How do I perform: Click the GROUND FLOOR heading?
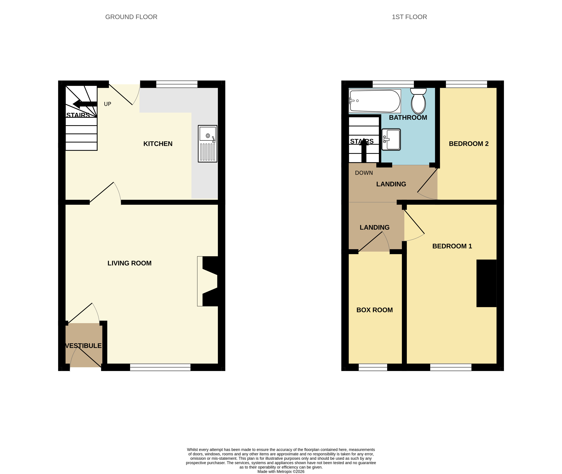click(x=131, y=17)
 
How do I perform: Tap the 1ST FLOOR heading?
click(x=409, y=17)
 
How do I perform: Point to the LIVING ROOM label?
click(x=129, y=263)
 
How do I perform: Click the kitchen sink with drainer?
click(x=207, y=143)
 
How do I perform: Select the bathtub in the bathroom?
click(x=375, y=101)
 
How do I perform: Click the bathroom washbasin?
click(x=391, y=139)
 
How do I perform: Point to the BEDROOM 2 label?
click(x=469, y=144)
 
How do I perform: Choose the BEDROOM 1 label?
click(x=452, y=246)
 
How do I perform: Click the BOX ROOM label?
click(x=375, y=310)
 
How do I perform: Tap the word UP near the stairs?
click(x=108, y=104)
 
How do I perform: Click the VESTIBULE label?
click(x=83, y=346)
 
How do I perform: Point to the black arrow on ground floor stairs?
click(x=85, y=104)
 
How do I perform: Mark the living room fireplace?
click(x=207, y=281)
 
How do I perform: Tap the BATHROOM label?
click(x=408, y=117)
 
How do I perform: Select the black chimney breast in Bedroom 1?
click(x=486, y=283)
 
